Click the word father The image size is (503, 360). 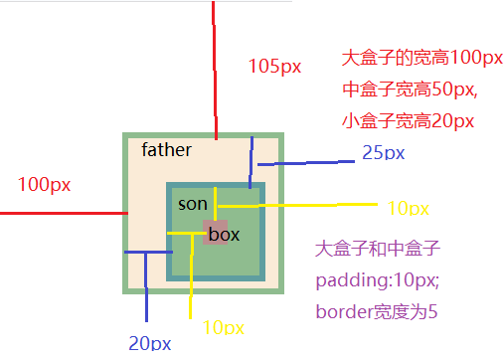point(166,150)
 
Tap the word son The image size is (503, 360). point(192,204)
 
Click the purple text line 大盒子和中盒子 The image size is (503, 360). point(377,249)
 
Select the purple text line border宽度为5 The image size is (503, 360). point(377,311)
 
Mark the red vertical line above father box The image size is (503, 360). point(213,70)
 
